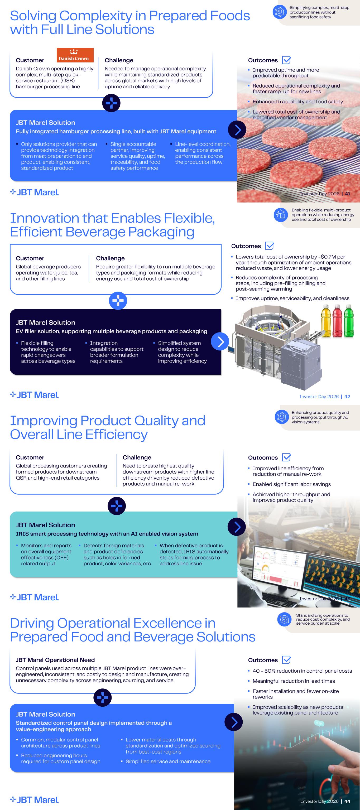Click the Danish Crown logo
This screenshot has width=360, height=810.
click(x=75, y=55)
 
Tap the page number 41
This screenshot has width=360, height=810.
click(x=347, y=194)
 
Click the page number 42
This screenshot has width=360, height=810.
click(x=347, y=397)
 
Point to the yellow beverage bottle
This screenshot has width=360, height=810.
click(x=326, y=321)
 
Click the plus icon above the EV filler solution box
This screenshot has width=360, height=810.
click(x=118, y=301)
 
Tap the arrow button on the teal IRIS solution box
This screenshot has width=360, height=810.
click(x=236, y=527)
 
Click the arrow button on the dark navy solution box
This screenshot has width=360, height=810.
click(x=220, y=341)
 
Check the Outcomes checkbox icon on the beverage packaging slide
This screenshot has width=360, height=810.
click(x=270, y=245)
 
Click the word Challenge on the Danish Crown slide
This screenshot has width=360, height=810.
click(x=119, y=60)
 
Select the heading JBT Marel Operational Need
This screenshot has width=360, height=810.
click(x=55, y=660)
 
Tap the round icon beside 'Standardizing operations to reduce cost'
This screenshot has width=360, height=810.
click(x=285, y=619)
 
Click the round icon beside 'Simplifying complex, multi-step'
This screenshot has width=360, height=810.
click(x=280, y=12)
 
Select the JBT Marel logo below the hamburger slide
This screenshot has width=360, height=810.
click(x=35, y=192)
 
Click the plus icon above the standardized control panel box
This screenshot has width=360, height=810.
click(x=103, y=698)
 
